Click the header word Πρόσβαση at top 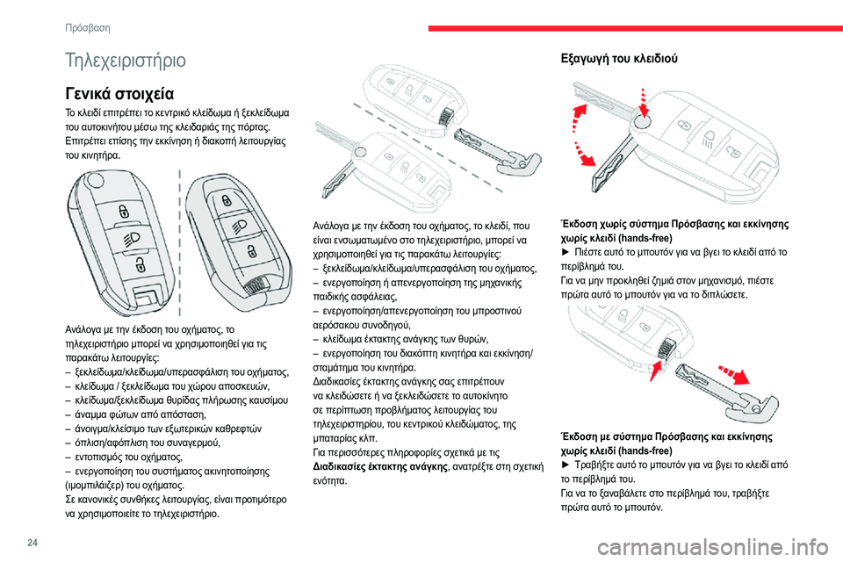(x=88, y=27)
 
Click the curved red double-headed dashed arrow (x=580, y=136)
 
